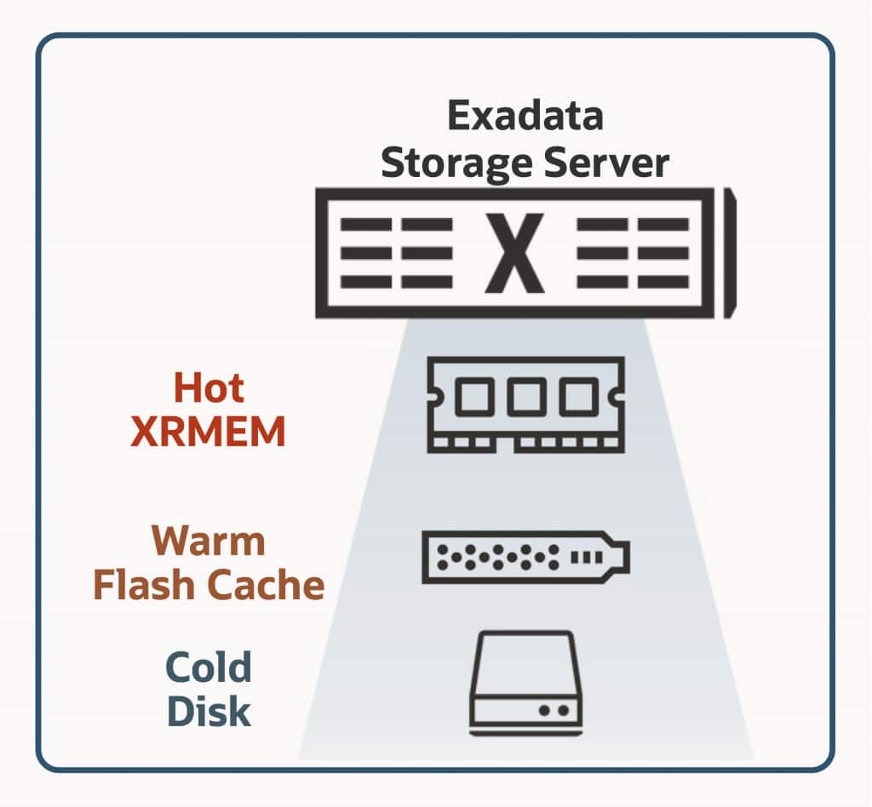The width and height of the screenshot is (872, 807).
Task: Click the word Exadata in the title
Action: [525, 116]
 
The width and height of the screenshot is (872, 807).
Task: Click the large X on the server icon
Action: [514, 253]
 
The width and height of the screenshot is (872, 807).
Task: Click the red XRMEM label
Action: [208, 431]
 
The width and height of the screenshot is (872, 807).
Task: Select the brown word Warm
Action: [208, 541]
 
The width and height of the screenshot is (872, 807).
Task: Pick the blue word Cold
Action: [209, 667]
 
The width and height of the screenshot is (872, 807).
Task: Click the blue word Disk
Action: [209, 711]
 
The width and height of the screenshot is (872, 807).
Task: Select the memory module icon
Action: [525, 404]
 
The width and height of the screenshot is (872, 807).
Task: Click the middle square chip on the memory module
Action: [526, 397]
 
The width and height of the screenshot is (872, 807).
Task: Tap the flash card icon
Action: [525, 558]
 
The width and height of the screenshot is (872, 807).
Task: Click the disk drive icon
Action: [525, 683]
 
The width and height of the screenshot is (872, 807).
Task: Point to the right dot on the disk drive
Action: [564, 710]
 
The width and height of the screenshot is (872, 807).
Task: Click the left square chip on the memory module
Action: [474, 397]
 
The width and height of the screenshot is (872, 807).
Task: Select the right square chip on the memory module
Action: [578, 397]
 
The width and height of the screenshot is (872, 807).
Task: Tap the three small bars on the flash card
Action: [587, 557]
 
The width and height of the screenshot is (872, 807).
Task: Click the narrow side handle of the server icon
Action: [730, 254]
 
